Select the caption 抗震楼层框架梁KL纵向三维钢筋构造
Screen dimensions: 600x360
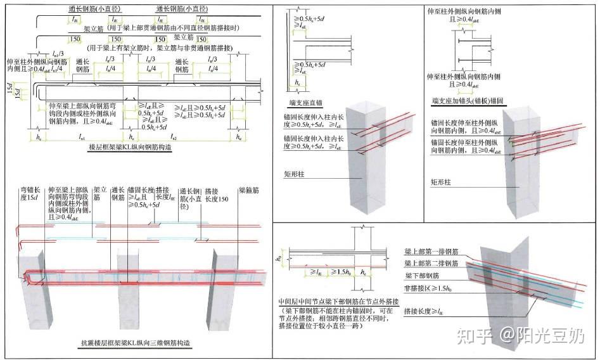(x=136, y=344)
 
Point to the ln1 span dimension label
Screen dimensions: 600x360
(x=82, y=136)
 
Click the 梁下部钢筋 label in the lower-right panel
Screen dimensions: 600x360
(x=421, y=276)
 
